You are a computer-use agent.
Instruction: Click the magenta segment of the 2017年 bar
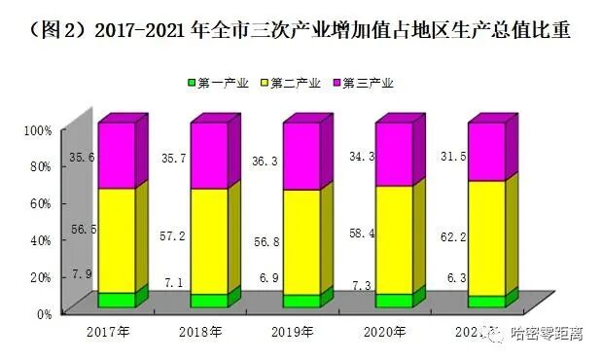pos(116,154)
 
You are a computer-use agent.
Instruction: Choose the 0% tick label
pos(42,314)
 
